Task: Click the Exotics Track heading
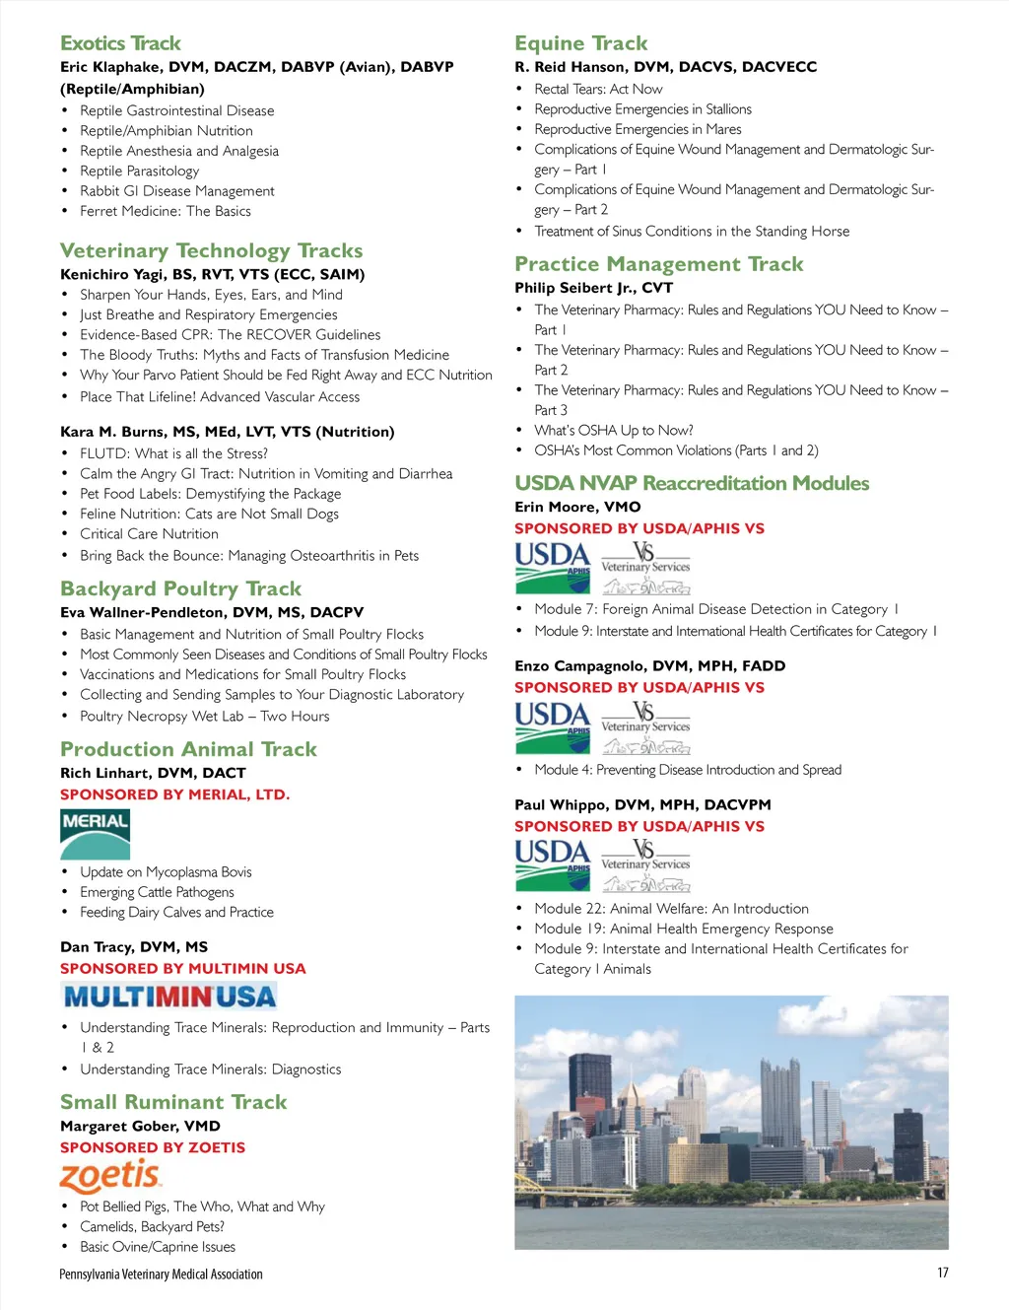click(x=120, y=43)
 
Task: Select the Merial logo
click(x=95, y=834)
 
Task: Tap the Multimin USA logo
click(x=168, y=997)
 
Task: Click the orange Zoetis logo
click(x=110, y=1176)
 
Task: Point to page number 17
click(x=943, y=1273)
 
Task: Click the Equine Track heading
click(x=580, y=43)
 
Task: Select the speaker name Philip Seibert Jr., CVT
click(x=593, y=288)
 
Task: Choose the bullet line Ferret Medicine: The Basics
click(x=166, y=211)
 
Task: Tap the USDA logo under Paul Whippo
click(x=552, y=864)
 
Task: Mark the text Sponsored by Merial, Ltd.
click(x=174, y=794)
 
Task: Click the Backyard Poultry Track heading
click(x=180, y=588)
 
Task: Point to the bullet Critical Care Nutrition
click(x=149, y=533)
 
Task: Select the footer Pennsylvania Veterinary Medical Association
click(x=161, y=1275)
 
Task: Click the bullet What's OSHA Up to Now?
click(x=613, y=430)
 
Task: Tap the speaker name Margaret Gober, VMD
click(x=140, y=1126)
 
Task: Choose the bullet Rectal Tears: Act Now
click(x=598, y=89)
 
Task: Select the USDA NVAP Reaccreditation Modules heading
click(x=692, y=483)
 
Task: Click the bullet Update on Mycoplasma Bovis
click(x=166, y=871)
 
